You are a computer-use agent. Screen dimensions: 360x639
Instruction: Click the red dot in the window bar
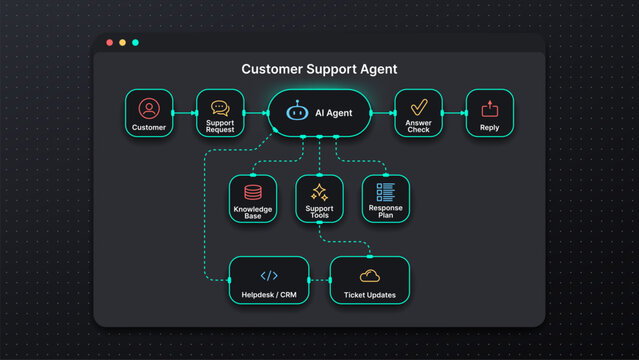coord(109,43)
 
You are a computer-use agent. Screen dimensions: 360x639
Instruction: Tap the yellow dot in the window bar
coord(122,43)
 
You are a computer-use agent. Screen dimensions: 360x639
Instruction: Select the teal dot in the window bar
coord(135,43)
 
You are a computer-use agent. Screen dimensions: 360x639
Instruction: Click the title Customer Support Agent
coord(319,70)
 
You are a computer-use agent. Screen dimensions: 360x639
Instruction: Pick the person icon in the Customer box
coord(148,107)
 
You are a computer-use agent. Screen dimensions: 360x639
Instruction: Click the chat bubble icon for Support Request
coord(220,107)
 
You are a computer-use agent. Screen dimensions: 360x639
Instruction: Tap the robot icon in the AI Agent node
coord(295,113)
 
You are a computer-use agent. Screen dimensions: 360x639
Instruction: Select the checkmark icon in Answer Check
coord(418,107)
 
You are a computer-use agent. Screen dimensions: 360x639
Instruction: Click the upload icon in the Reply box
coord(489,108)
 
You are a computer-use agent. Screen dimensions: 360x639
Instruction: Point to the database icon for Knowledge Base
coord(252,191)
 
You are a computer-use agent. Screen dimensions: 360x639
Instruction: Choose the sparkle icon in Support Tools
coord(319,191)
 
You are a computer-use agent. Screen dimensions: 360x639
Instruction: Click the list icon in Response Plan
coord(386,191)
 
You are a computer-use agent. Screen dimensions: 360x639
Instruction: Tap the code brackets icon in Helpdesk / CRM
coord(269,275)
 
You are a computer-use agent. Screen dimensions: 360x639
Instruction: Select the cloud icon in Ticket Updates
coord(369,275)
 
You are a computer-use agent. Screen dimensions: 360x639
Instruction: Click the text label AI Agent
coord(333,114)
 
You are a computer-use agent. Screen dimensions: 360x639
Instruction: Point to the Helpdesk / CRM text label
coord(269,295)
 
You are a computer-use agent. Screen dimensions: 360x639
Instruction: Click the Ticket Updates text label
coord(369,295)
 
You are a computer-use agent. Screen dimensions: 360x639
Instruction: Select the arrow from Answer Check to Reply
coord(454,113)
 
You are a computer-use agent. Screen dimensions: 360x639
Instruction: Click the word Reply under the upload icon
coord(489,128)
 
